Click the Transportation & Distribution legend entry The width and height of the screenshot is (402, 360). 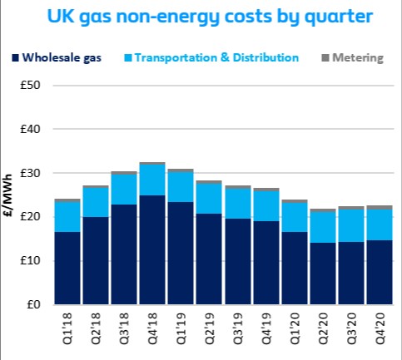216,57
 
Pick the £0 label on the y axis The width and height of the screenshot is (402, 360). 34,304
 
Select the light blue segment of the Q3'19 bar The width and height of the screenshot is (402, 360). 237,204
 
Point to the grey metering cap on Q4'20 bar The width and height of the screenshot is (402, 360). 379,207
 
